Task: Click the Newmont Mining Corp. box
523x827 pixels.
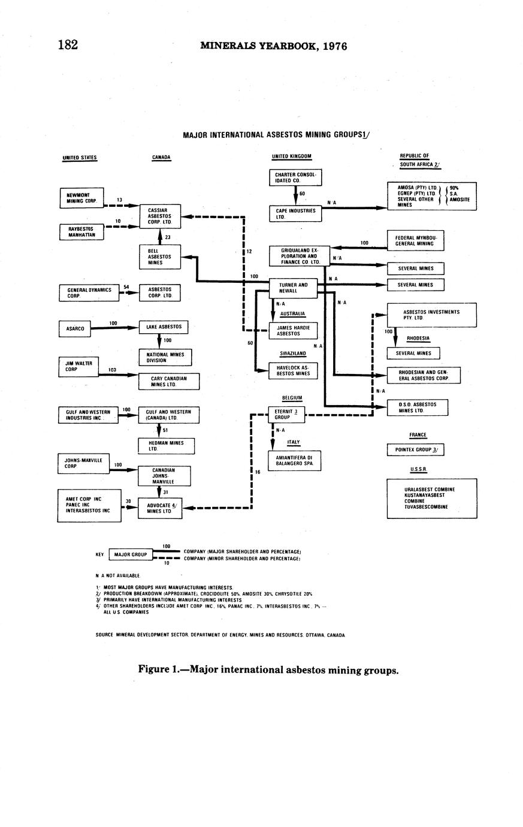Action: (x=81, y=198)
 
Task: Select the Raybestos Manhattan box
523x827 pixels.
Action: (x=81, y=232)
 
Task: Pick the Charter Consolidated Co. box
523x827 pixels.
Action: (x=295, y=177)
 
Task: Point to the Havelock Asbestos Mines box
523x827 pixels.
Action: (x=293, y=370)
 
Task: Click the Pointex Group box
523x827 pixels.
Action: (x=416, y=449)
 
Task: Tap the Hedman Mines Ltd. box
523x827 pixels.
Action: (x=166, y=446)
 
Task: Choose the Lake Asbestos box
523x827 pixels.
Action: (x=163, y=327)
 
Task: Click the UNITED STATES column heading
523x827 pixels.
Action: (x=80, y=158)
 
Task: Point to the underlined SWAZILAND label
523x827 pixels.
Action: (x=293, y=354)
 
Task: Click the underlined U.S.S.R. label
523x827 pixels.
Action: (x=418, y=469)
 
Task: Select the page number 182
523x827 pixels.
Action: (x=68, y=45)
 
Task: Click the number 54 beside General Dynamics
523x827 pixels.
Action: (x=126, y=287)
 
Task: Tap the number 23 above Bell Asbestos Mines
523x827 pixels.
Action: (x=168, y=237)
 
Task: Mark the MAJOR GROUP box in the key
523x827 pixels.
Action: (x=130, y=555)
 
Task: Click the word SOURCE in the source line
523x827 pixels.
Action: (x=104, y=635)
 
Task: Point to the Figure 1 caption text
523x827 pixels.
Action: (x=268, y=670)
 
